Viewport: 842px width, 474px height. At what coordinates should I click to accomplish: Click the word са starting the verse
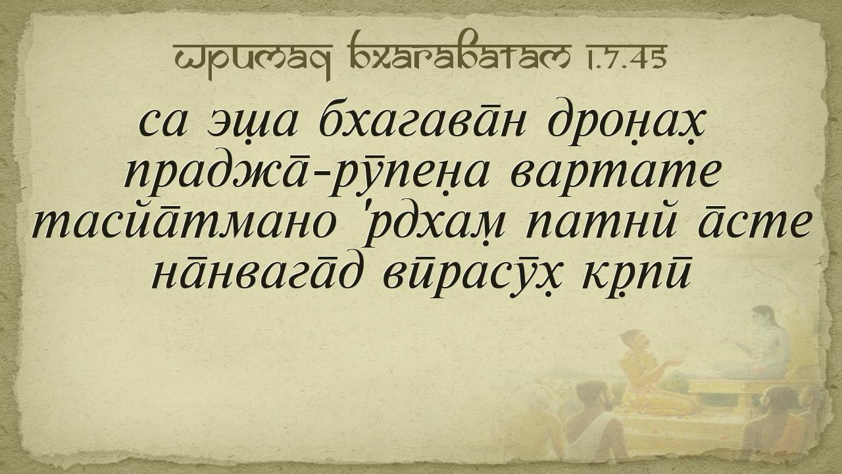pos(162,124)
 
